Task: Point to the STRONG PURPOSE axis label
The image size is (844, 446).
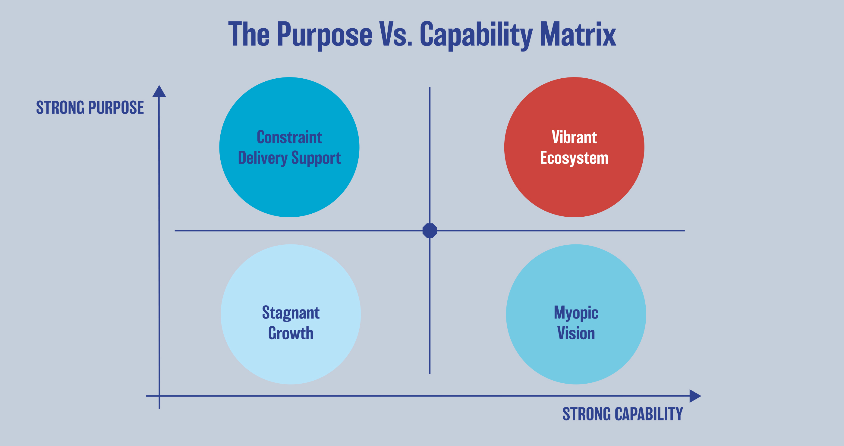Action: (90, 107)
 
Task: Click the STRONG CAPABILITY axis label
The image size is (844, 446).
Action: (622, 414)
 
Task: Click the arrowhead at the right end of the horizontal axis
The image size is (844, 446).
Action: (695, 396)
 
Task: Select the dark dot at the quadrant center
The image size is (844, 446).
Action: (430, 231)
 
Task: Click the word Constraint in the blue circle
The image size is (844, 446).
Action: (289, 137)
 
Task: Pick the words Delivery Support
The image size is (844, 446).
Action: (289, 158)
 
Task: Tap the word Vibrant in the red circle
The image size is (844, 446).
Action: (574, 137)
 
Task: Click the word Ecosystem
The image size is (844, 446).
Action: (574, 158)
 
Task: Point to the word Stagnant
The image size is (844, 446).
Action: (291, 313)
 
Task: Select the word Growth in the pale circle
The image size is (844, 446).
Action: (291, 333)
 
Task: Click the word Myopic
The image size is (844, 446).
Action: (576, 313)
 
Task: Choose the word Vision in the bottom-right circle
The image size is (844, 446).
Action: (576, 333)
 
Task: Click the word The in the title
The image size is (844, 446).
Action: (249, 34)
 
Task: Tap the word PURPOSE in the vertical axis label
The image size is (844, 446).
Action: (116, 107)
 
